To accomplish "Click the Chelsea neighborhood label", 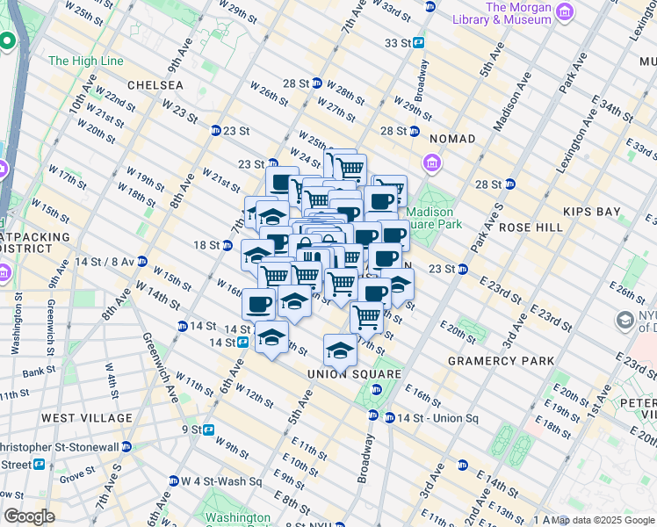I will (x=155, y=85).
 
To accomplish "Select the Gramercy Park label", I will (x=501, y=360).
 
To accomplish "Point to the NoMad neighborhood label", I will (x=452, y=139).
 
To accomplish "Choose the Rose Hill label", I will (x=530, y=227).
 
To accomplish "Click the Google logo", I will (x=28, y=516).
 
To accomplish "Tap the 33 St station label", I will (x=397, y=42).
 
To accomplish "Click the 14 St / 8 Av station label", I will (x=105, y=262).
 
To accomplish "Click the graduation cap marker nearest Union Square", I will (x=340, y=350).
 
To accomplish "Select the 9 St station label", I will (x=191, y=430).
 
